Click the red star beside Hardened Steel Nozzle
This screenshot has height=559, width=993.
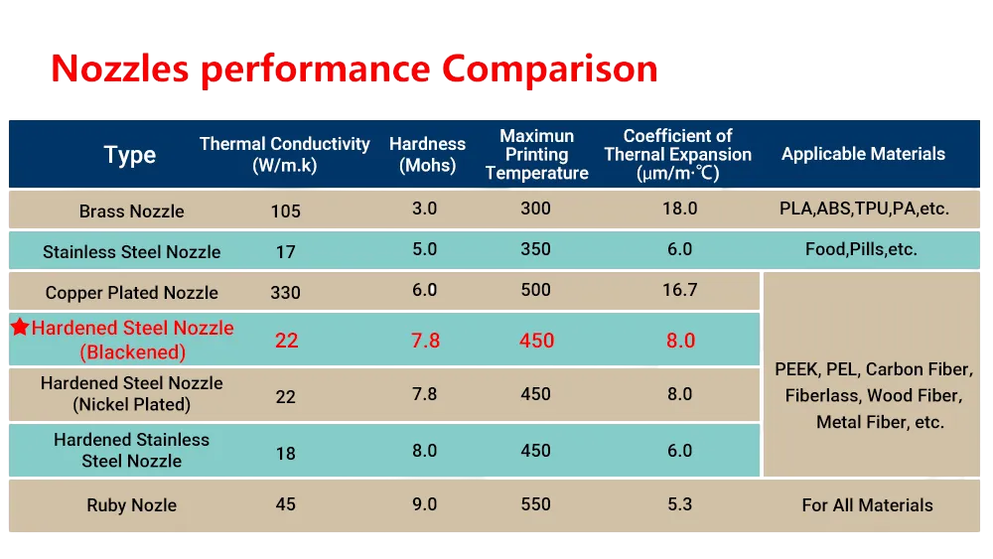[20, 327]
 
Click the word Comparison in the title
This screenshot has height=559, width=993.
[550, 70]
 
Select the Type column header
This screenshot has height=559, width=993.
[130, 155]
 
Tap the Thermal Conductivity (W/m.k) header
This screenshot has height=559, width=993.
[284, 155]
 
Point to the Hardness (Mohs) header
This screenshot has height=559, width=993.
[427, 155]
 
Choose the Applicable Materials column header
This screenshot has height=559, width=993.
[863, 154]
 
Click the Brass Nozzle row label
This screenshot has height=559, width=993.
[132, 210]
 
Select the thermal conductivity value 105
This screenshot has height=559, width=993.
[286, 210]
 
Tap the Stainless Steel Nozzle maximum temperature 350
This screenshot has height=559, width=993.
[536, 249]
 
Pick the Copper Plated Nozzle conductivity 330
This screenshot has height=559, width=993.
[286, 293]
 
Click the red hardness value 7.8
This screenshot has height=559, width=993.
[426, 341]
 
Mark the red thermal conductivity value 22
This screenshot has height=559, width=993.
[286, 341]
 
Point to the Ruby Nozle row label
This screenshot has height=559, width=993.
[132, 505]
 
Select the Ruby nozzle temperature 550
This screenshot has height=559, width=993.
[536, 504]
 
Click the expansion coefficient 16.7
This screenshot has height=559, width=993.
[680, 290]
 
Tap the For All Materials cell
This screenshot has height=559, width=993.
[868, 505]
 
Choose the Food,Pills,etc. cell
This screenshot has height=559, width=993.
[861, 249]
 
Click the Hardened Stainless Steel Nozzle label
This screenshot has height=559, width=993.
[132, 450]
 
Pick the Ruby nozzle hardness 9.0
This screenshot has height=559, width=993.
[424, 504]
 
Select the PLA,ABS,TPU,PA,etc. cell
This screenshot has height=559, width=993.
[865, 209]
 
